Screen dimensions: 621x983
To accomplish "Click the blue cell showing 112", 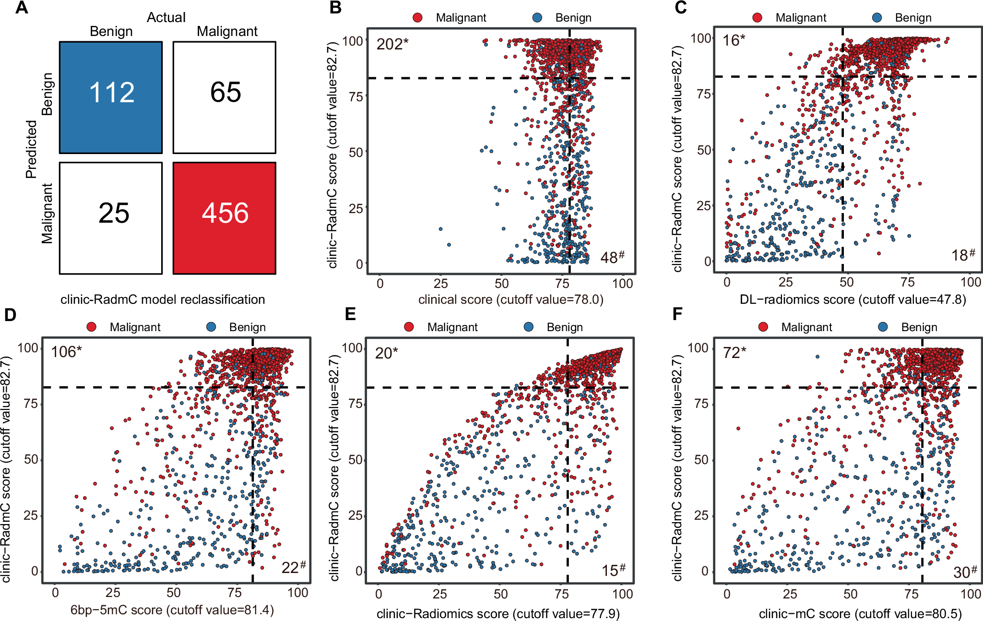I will point(111,97).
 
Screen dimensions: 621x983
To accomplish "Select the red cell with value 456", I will point(225,218).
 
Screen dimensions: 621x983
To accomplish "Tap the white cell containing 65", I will point(225,97).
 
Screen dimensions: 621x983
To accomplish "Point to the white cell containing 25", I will point(111,218).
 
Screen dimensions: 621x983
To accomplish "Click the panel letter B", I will point(336,8).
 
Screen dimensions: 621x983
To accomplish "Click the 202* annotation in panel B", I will point(392,44).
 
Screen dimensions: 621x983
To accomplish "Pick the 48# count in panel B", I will point(612,257).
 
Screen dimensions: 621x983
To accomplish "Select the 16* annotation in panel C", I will point(734,40).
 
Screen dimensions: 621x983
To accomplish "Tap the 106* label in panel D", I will point(66,352).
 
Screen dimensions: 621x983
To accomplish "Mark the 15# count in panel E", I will point(613,570).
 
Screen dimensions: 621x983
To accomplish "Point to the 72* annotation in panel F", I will point(734,353).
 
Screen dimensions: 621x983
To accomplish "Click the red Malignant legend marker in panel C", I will point(757,18).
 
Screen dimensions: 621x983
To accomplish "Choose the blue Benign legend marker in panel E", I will point(529,327).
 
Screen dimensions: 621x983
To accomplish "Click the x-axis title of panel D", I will point(172,610).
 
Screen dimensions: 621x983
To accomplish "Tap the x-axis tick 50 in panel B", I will point(501,283).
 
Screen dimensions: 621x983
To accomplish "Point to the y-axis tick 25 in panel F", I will point(701,515).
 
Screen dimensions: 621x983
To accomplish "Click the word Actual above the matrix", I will point(166,17).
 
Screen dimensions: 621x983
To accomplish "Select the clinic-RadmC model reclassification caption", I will point(163,299).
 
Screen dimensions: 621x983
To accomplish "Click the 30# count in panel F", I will point(964,572).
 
